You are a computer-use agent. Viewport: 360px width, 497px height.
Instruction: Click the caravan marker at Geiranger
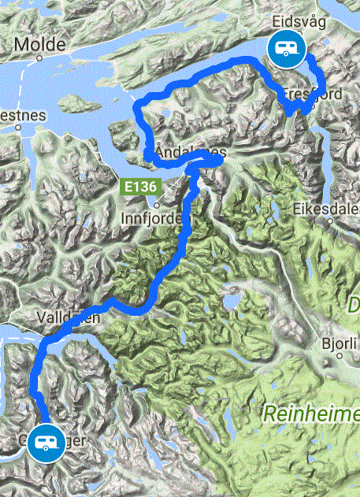pos(43,444)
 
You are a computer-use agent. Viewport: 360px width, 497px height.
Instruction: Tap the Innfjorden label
pos(154,217)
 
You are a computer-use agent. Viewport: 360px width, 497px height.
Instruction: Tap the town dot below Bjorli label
pos(340,356)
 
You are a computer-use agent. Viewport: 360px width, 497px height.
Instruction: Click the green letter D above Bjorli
pos(354,303)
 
